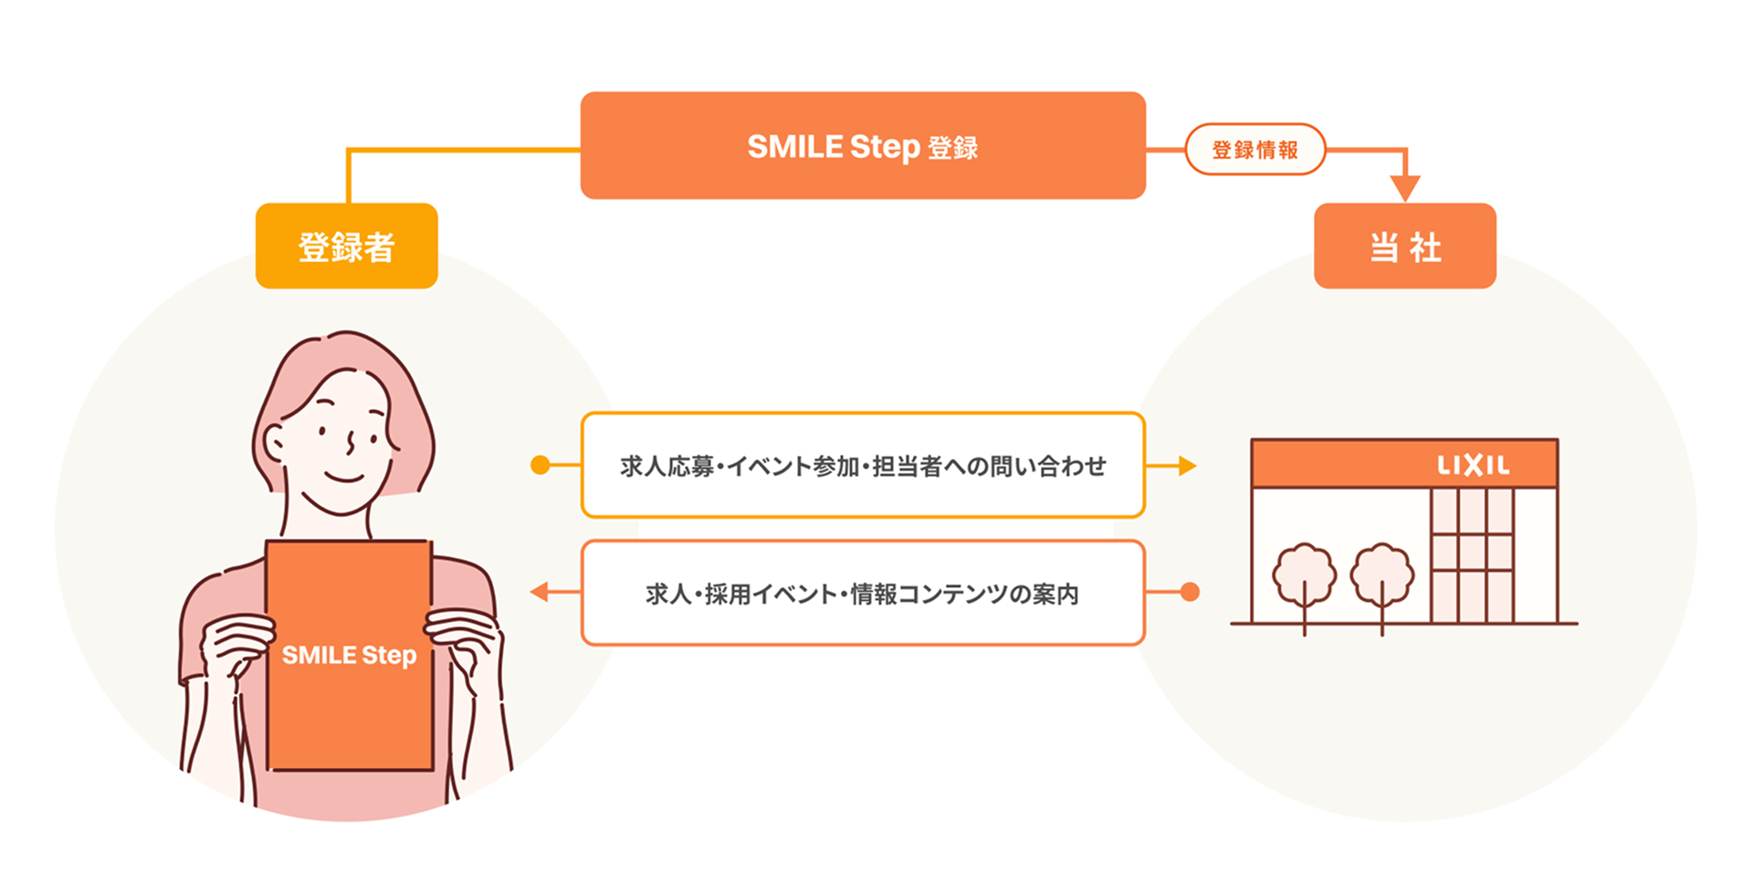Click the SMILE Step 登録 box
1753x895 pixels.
(863, 146)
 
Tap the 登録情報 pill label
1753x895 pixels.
(1254, 150)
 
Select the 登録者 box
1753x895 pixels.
(346, 247)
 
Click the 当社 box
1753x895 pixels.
(1404, 247)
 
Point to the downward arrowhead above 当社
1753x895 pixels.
(1404, 188)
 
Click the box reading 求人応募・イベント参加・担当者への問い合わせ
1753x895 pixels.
(863, 466)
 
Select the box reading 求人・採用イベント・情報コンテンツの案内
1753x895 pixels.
(863, 594)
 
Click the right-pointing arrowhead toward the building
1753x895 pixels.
(1186, 466)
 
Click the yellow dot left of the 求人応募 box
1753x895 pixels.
(541, 466)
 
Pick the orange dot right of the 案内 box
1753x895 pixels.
(1189, 593)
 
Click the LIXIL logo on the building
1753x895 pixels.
(1473, 466)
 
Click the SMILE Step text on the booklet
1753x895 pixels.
(349, 655)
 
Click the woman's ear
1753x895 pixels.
(274, 444)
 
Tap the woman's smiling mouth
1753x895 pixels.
(345, 478)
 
